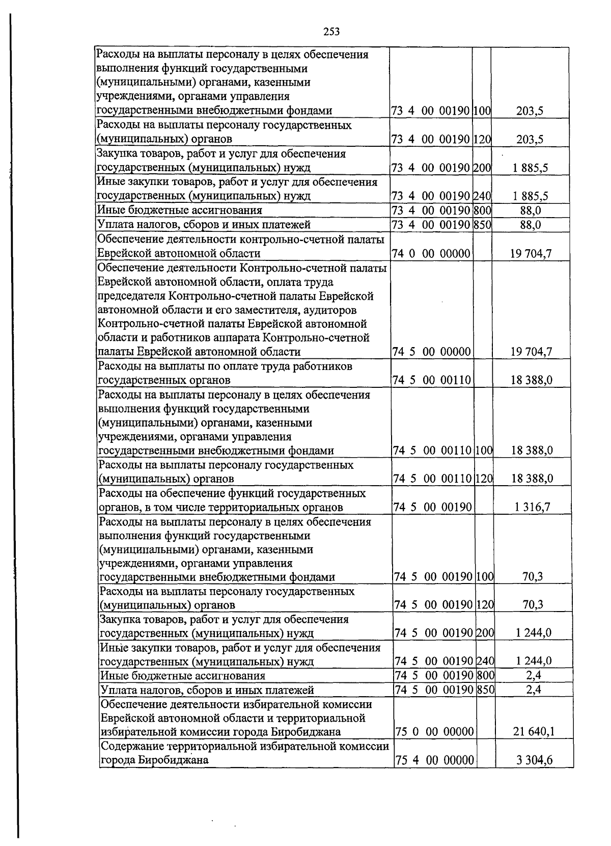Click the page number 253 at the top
coord(331,32)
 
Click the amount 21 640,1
coord(534,732)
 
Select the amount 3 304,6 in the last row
coord(534,760)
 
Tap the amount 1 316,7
coord(533,507)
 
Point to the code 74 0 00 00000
coord(431,254)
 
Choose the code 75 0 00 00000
coord(435,732)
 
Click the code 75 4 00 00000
coord(435,760)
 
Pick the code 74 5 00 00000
coord(432,352)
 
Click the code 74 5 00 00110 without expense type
coord(432,380)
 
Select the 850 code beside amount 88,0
coord(482,225)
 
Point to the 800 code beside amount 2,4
coord(486,676)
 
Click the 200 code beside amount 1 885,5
coord(482,168)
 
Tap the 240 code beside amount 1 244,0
coord(486,662)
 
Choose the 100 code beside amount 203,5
coord(482,111)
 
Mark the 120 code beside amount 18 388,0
coord(484,479)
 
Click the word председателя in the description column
coord(131,296)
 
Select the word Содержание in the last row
coord(131,747)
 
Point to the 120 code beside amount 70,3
coord(485,605)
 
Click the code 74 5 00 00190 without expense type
coord(433,507)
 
